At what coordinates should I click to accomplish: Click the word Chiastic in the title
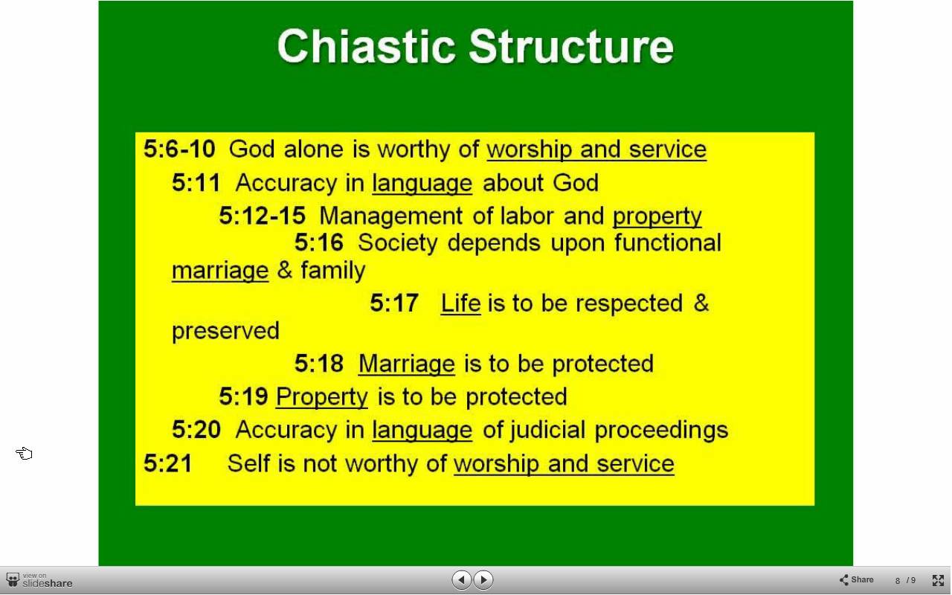click(x=367, y=46)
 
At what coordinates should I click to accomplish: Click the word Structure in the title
click(x=571, y=46)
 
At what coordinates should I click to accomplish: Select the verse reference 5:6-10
click(x=179, y=149)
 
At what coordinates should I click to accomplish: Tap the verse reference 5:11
click(x=196, y=183)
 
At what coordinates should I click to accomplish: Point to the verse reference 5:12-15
click(x=263, y=216)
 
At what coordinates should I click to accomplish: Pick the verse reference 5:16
click(x=319, y=242)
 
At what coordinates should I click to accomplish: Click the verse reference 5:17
click(x=394, y=303)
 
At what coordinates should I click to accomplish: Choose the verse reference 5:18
click(x=319, y=364)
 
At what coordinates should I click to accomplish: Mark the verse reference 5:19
click(x=243, y=396)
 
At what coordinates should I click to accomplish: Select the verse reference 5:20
click(x=196, y=429)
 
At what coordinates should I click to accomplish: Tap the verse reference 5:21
click(x=168, y=463)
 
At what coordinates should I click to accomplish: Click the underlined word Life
click(x=460, y=303)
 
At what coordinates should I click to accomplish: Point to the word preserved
click(x=225, y=332)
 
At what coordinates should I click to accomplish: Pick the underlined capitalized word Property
click(x=322, y=398)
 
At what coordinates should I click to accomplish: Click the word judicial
click(x=548, y=431)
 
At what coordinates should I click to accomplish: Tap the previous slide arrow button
click(x=462, y=579)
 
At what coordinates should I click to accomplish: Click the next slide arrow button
click(x=483, y=579)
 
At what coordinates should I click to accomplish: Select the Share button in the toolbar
click(x=856, y=579)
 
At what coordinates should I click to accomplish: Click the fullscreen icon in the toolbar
click(x=938, y=580)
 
